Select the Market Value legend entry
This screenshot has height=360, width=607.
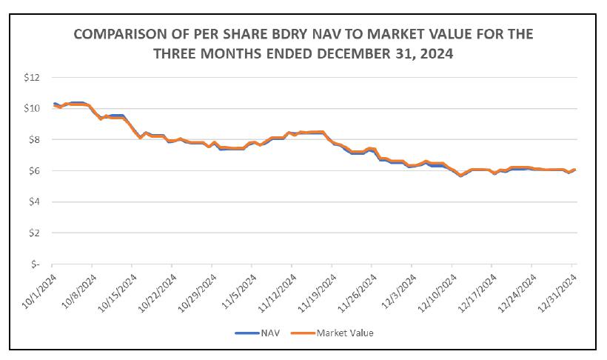(344, 333)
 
